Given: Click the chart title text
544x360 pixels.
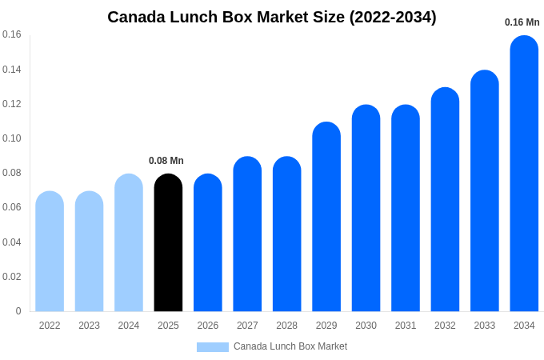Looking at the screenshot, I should coord(272,17).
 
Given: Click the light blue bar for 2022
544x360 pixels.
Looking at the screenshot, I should coord(50,251).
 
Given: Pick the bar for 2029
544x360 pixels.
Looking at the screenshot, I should coord(326,217).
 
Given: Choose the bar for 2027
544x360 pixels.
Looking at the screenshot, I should coord(247,234).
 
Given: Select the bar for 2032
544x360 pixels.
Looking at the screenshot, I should coord(445,199).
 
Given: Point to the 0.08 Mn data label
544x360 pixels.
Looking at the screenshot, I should coord(166,161).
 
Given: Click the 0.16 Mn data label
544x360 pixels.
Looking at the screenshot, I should coord(522,22).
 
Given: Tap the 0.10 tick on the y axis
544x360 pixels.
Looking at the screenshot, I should coord(12,138).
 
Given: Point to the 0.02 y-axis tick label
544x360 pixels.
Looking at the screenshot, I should coord(12,277).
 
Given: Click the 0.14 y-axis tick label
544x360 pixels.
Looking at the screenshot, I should coord(12,70).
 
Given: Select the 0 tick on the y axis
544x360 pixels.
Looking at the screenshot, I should coord(18,311).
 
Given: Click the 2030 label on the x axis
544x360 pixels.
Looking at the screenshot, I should coord(366,326).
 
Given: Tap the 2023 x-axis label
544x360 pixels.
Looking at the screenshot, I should coord(89,326).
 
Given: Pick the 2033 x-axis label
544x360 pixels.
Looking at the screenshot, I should coord(484,326).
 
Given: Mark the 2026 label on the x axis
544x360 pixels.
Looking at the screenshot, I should coord(208,326).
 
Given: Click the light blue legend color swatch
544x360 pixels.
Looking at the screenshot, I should coord(213,347).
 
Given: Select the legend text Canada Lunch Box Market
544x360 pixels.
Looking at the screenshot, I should coord(290,346).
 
